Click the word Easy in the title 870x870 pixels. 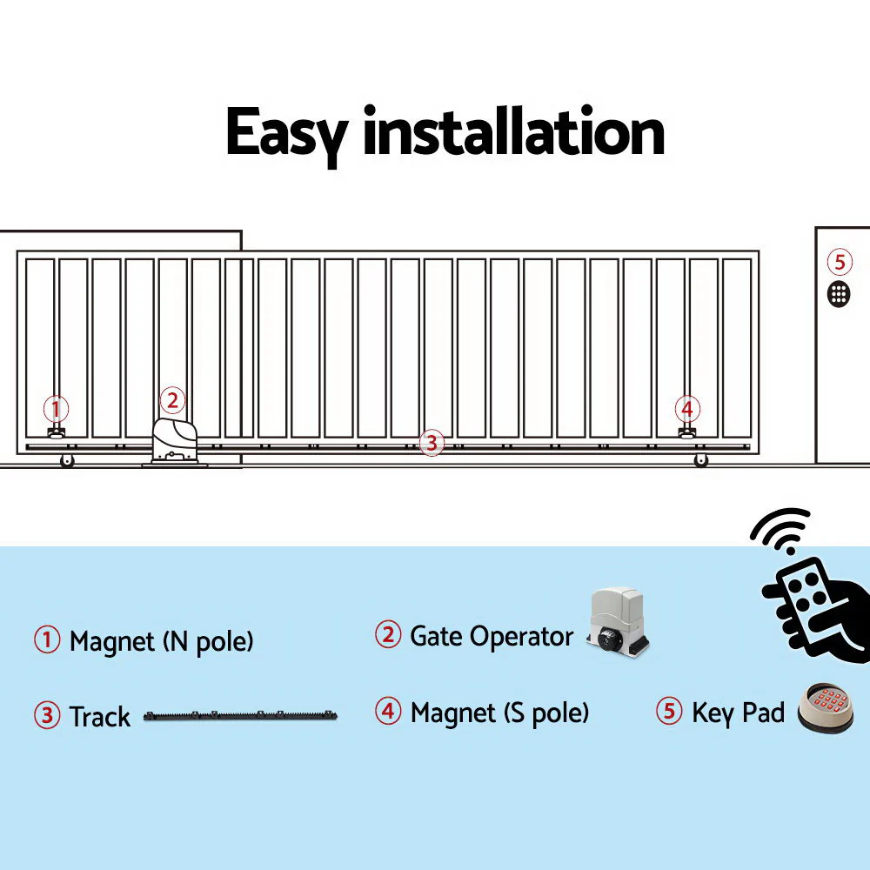(x=287, y=132)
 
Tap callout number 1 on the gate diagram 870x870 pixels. (x=57, y=408)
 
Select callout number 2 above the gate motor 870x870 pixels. (x=172, y=400)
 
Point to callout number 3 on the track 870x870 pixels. (x=431, y=443)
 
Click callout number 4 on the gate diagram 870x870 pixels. (x=687, y=408)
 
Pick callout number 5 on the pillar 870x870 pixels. (x=839, y=261)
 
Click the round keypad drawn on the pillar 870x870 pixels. (x=839, y=293)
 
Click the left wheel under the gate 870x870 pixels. (x=67, y=461)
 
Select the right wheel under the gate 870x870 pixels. (x=700, y=460)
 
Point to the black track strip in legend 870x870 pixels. (x=240, y=718)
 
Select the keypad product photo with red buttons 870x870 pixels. (x=825, y=706)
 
